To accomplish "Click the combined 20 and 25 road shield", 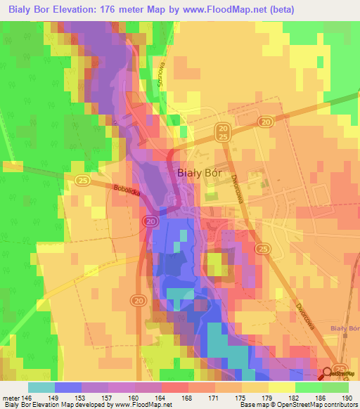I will click(x=223, y=132).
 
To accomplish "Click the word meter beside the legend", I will click(x=10, y=396).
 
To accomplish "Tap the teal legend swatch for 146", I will click(x=41, y=387).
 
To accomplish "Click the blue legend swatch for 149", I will click(x=68, y=387).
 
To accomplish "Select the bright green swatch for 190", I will click(x=335, y=387).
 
